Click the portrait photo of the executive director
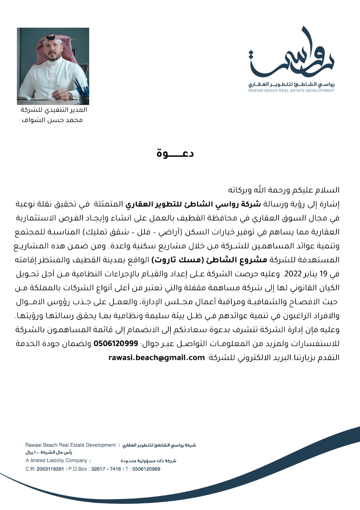(53, 66)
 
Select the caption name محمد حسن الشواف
(53, 119)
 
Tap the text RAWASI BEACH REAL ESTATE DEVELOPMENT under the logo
(291, 90)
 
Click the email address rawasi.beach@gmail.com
(156, 357)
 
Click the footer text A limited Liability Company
(56, 461)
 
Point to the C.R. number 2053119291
(50, 469)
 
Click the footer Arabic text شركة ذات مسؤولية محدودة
(148, 461)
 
